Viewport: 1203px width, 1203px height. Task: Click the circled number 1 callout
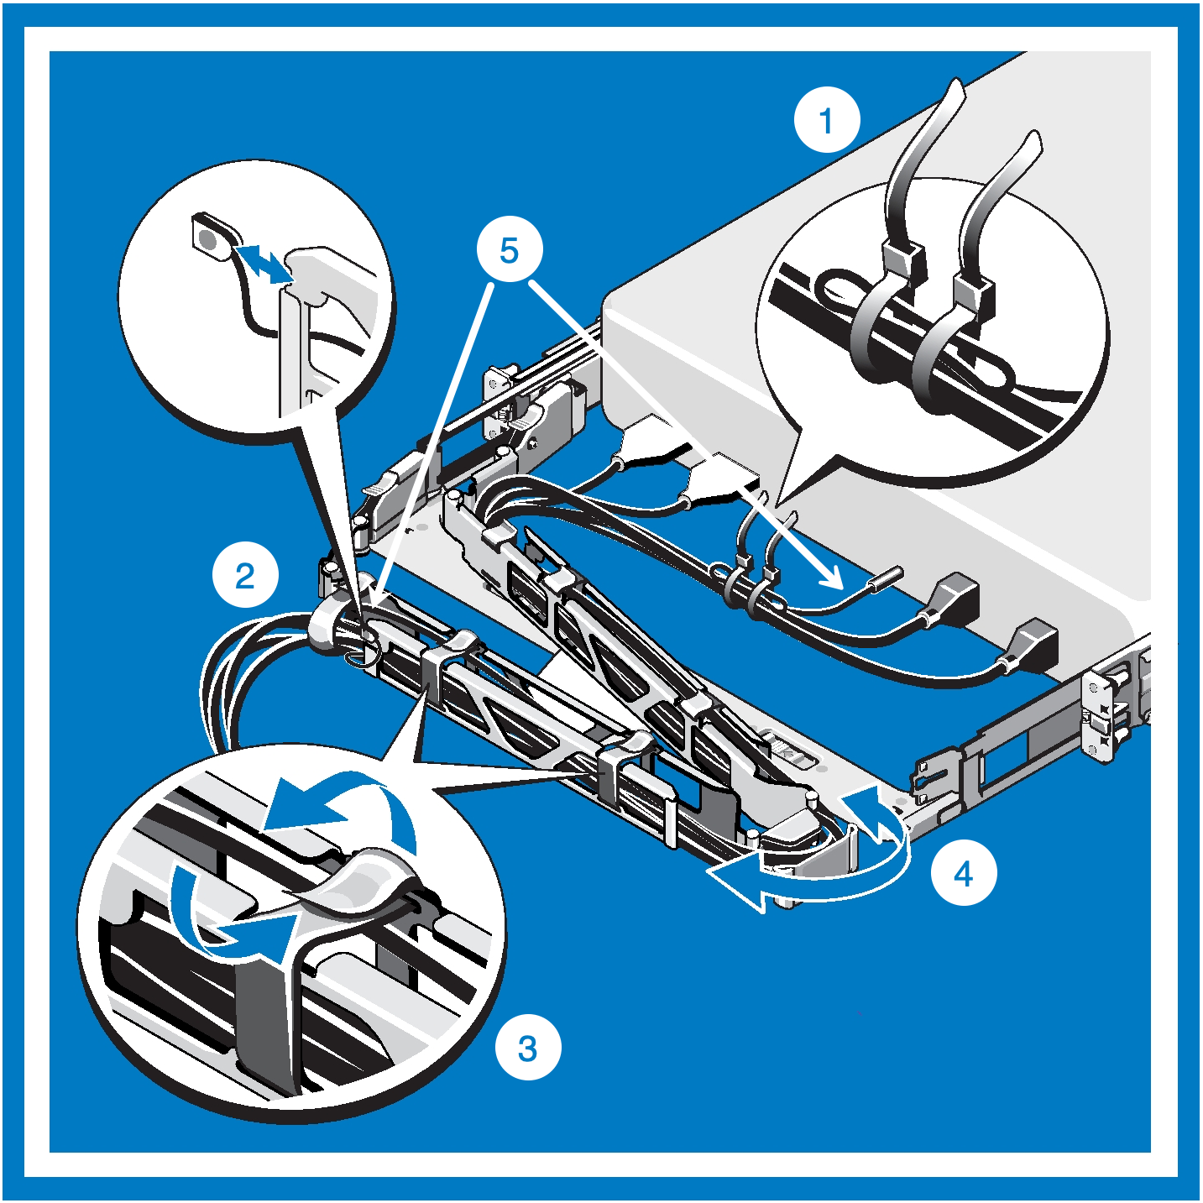tap(827, 120)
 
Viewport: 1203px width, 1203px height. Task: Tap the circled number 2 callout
tap(244, 576)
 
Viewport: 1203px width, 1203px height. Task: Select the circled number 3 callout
tap(527, 1048)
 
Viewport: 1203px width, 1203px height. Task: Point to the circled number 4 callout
tap(964, 873)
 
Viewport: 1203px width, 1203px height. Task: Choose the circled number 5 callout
tap(509, 249)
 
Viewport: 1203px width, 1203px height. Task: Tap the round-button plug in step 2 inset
tap(210, 238)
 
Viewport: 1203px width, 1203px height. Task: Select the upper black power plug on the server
tap(957, 599)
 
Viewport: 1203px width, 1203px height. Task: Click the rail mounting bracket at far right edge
tap(1100, 714)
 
